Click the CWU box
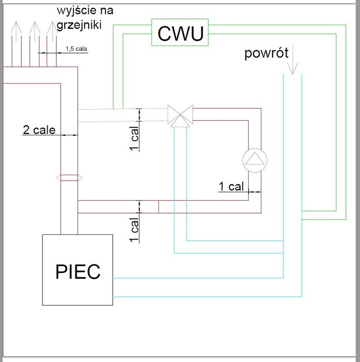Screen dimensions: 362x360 (180, 33)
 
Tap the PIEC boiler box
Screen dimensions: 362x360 (77, 270)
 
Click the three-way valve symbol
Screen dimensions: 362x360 (180, 115)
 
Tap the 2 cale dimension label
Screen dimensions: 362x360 (39, 131)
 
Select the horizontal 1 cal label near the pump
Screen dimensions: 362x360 (231, 186)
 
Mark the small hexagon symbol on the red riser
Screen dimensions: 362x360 (69, 178)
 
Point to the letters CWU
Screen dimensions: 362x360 (180, 33)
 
